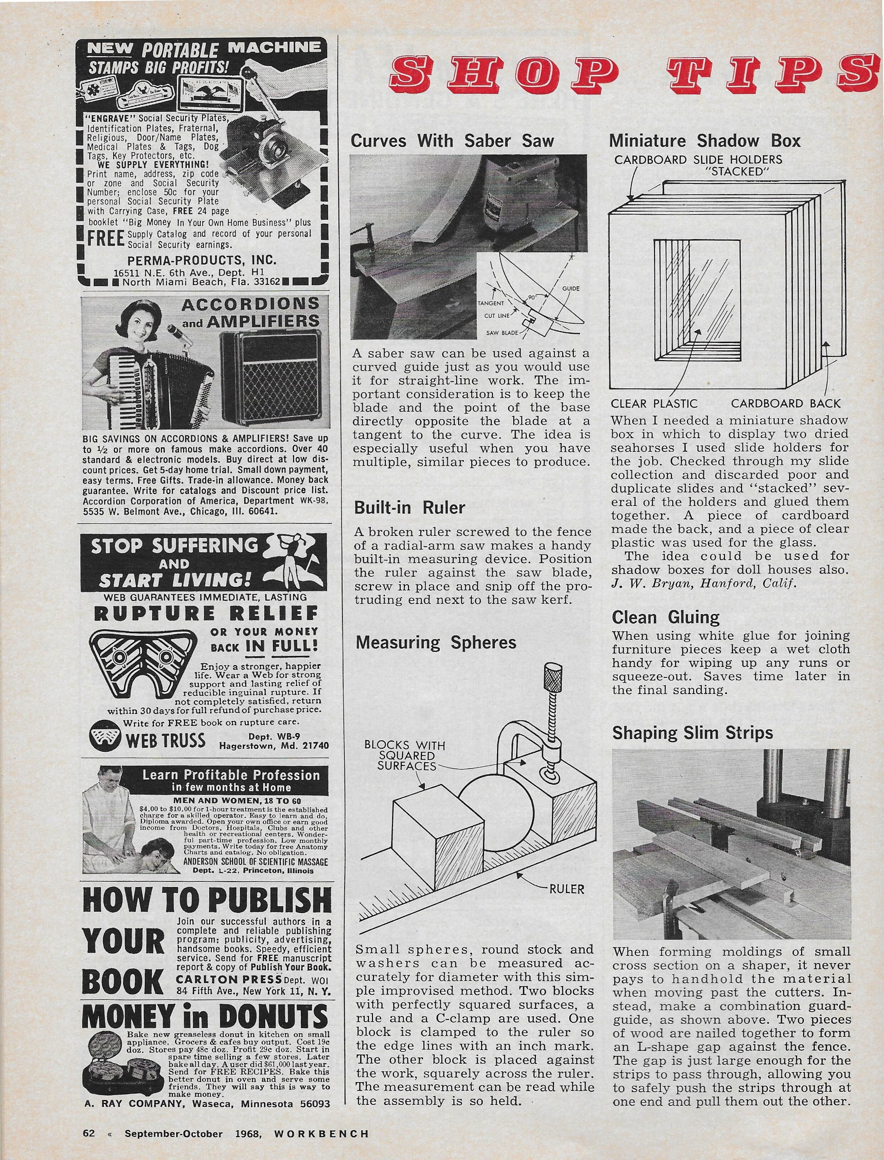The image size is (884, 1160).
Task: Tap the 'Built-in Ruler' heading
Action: (x=410, y=508)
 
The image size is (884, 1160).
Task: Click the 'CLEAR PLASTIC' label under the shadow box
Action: (x=654, y=404)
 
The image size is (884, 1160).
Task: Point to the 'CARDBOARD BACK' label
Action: (x=786, y=404)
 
